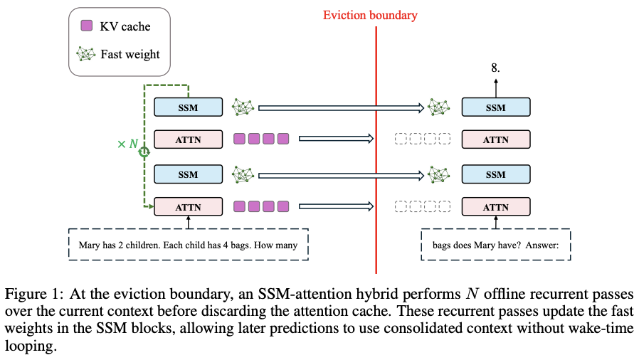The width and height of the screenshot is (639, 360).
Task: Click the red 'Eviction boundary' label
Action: click(370, 16)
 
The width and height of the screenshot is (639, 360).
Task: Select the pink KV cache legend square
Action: click(86, 26)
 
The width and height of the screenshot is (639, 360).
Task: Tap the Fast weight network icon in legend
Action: click(85, 54)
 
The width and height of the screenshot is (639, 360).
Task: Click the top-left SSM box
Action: click(188, 107)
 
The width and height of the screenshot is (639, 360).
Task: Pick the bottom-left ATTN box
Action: click(188, 207)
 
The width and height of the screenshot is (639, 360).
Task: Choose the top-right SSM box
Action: click(495, 107)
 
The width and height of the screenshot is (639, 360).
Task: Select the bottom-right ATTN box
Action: click(495, 207)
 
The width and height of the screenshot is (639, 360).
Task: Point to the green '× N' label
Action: click(127, 144)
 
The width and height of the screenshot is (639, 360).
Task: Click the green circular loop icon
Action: click(144, 152)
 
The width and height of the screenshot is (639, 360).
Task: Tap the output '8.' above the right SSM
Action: click(495, 68)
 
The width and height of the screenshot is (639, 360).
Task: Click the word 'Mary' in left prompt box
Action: click(89, 245)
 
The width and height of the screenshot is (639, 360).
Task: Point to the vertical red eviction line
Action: click(376, 150)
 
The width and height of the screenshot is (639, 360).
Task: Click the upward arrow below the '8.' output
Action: click(495, 88)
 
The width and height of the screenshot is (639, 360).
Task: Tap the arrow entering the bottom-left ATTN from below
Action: click(188, 223)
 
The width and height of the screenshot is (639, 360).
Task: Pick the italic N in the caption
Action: click(472, 294)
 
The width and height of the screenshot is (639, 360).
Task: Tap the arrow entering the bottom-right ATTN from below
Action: click(495, 223)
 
